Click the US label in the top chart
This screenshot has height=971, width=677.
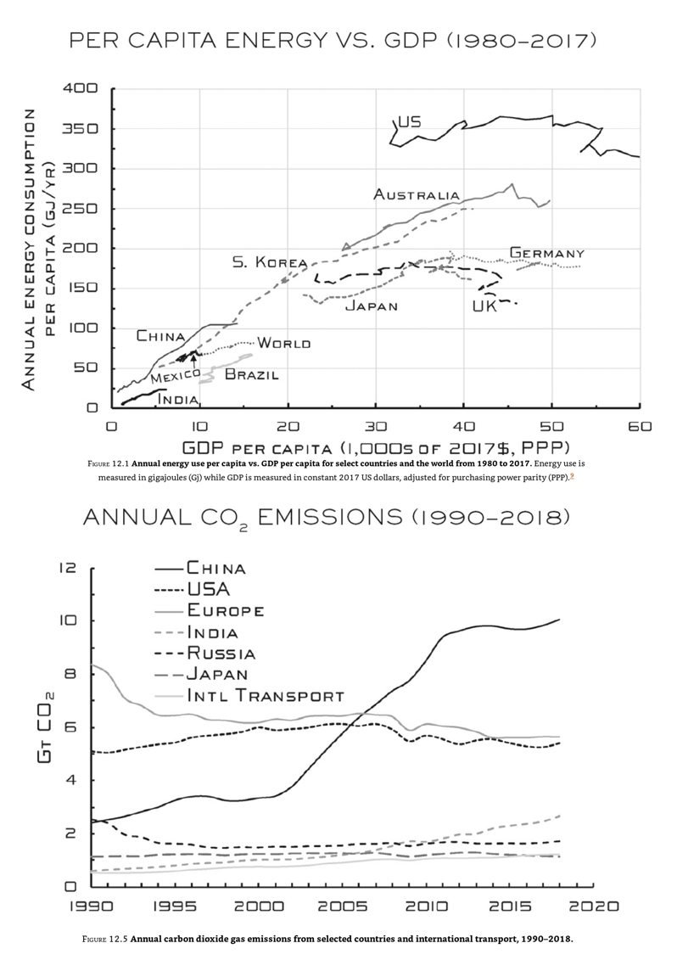pyautogui.click(x=409, y=122)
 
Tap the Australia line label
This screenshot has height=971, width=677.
pyautogui.click(x=417, y=195)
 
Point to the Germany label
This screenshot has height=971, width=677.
pyautogui.click(x=546, y=253)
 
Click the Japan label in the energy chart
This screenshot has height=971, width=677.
pyautogui.click(x=371, y=306)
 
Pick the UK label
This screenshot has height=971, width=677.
pyautogui.click(x=484, y=306)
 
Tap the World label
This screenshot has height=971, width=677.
pyautogui.click(x=283, y=343)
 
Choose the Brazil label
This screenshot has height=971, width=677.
pyautogui.click(x=251, y=373)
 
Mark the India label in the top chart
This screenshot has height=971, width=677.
pyautogui.click(x=178, y=398)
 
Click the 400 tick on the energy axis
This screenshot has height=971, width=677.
pyautogui.click(x=81, y=88)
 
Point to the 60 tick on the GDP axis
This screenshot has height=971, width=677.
pyautogui.click(x=639, y=427)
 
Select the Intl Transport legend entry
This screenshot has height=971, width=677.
pyautogui.click(x=266, y=696)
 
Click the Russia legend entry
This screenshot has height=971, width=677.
pyautogui.click(x=221, y=653)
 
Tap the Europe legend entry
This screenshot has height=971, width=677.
pyautogui.click(x=226, y=609)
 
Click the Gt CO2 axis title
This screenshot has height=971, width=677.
pyautogui.click(x=48, y=727)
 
